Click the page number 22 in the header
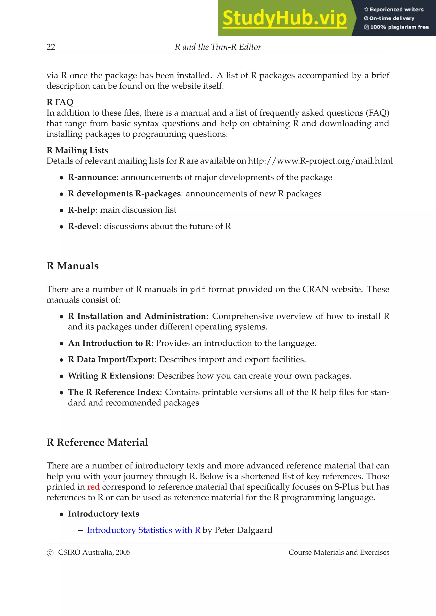pyautogui.click(x=51, y=47)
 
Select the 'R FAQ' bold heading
pyautogui.click(x=60, y=102)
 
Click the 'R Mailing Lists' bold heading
pyautogui.click(x=77, y=150)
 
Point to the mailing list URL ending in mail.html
pyautogui.click(x=320, y=161)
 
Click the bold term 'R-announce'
pyautogui.click(x=92, y=177)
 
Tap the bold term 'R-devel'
pyautogui.click(x=83, y=226)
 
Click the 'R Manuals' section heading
pyautogui.click(x=73, y=266)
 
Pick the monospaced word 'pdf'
pyautogui.click(x=198, y=290)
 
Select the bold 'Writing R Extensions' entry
pyautogui.click(x=110, y=376)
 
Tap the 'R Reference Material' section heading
pyautogui.click(x=97, y=442)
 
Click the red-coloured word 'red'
pyautogui.click(x=93, y=487)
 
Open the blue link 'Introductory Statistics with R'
pyautogui.click(x=143, y=530)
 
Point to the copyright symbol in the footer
pyautogui.click(x=50, y=553)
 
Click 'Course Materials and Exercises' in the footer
pyautogui.click(x=339, y=552)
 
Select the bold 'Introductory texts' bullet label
pyautogui.click(x=103, y=514)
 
